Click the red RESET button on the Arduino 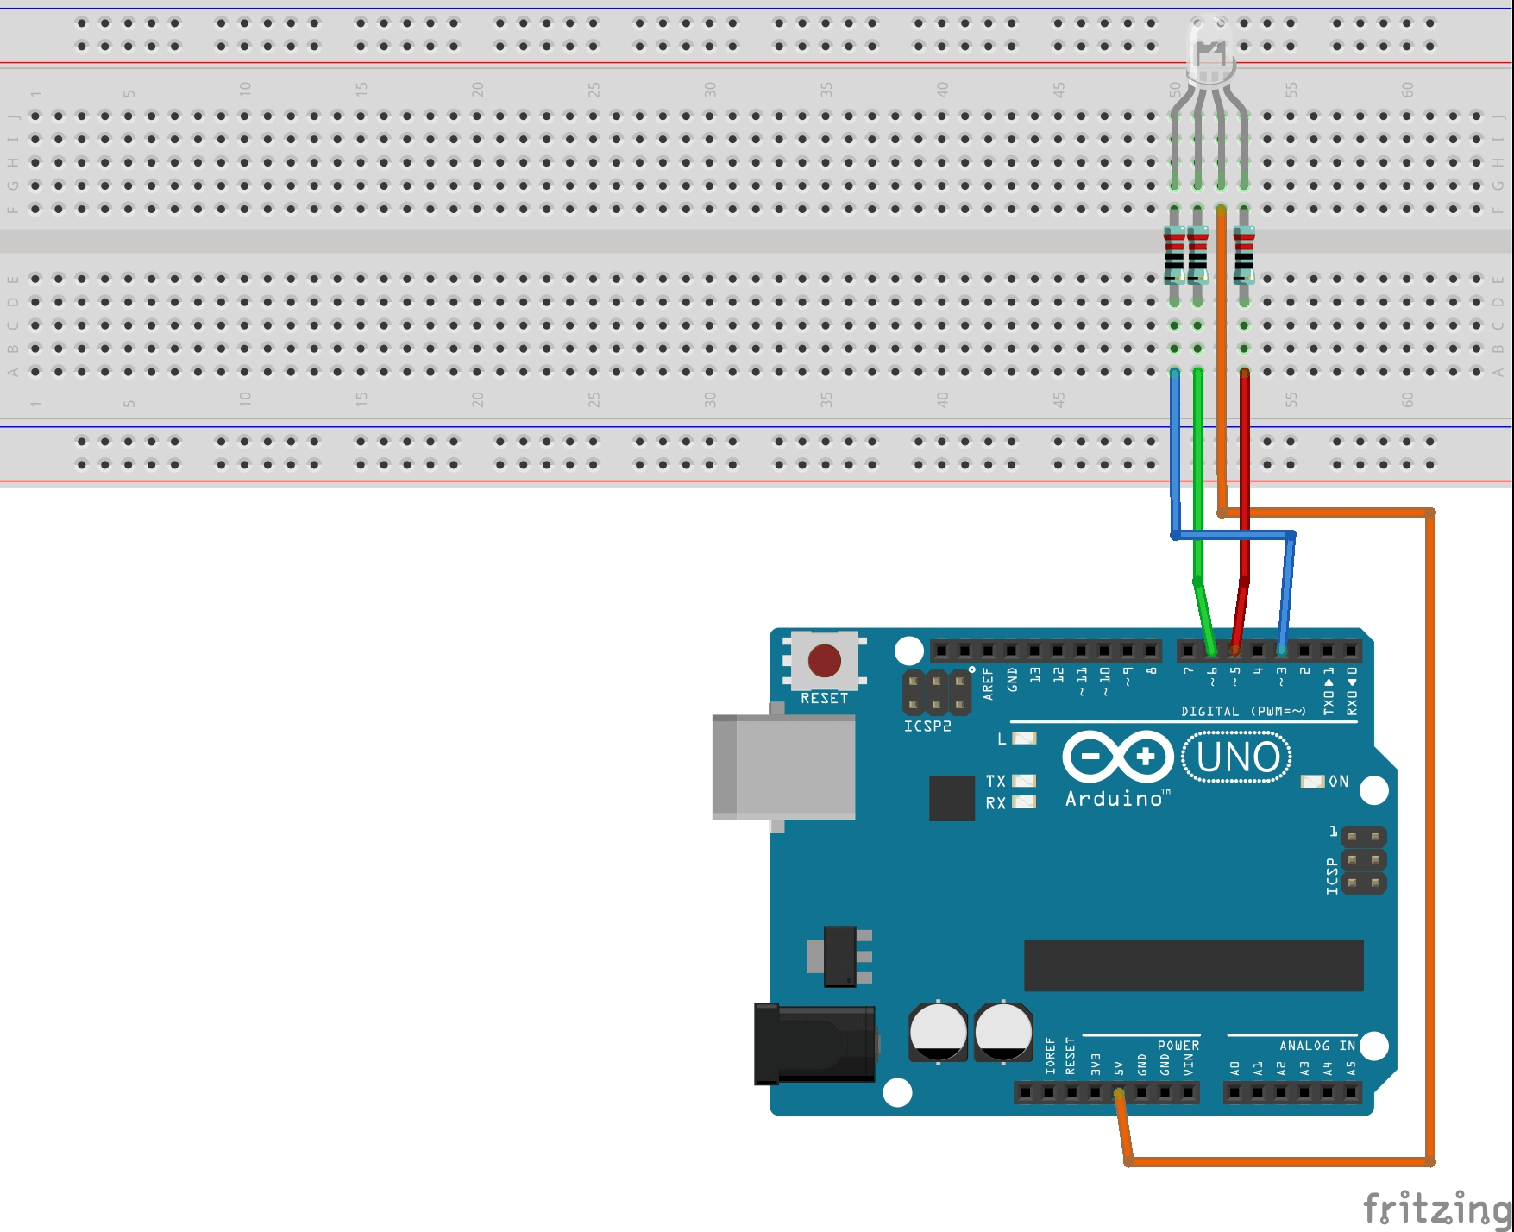[824, 661]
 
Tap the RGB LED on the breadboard [1209, 52]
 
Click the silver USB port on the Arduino [783, 767]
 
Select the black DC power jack [814, 1044]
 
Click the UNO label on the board [1237, 757]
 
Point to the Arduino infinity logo [1118, 757]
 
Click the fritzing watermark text [1436, 1207]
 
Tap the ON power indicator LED [1312, 782]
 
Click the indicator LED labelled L [1024, 739]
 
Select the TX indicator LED [1024, 781]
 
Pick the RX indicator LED [1024, 802]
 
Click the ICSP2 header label [927, 726]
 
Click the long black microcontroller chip [1193, 965]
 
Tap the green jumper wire [1198, 475]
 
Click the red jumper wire [1244, 475]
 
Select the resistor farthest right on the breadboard [1244, 255]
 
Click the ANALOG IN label [1316, 1046]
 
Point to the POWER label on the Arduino [1178, 1046]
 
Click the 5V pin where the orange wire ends [1119, 1093]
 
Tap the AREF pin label [989, 683]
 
